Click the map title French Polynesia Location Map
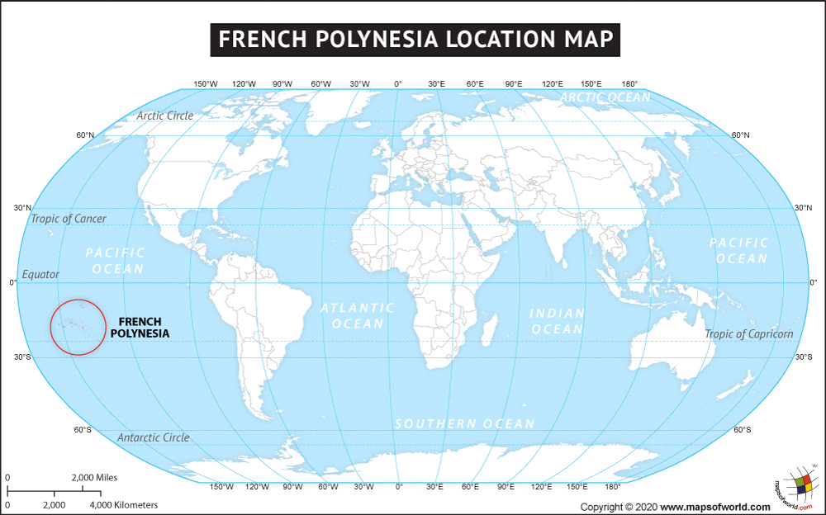[413, 39]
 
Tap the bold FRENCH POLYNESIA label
[140, 328]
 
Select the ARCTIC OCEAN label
[605, 97]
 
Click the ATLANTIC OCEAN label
[358, 316]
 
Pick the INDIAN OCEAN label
[557, 321]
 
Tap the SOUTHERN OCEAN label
[464, 423]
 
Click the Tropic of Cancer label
[69, 219]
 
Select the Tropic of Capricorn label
[748, 334]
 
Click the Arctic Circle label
[165, 116]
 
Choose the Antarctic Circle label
[154, 437]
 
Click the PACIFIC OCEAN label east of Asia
[738, 250]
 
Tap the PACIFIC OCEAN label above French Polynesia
[115, 261]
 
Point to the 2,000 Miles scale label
[94, 478]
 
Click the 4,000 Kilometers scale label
[123, 504]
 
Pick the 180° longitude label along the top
[629, 83]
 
